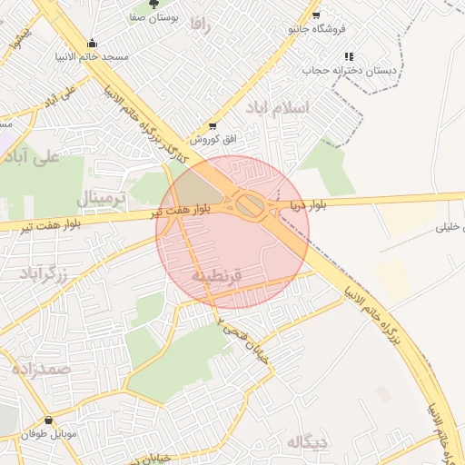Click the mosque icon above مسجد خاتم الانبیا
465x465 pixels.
coord(92,43)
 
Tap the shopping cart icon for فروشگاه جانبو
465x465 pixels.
coord(315,15)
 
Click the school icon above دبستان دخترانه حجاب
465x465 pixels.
coord(349,56)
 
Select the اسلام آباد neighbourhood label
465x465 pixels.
coord(279,107)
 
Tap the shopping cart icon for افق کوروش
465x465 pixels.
coord(213,126)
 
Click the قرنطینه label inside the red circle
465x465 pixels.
coord(217,273)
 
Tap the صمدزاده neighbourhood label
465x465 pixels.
coord(42,369)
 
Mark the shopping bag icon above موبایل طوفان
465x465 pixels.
coord(47,420)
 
